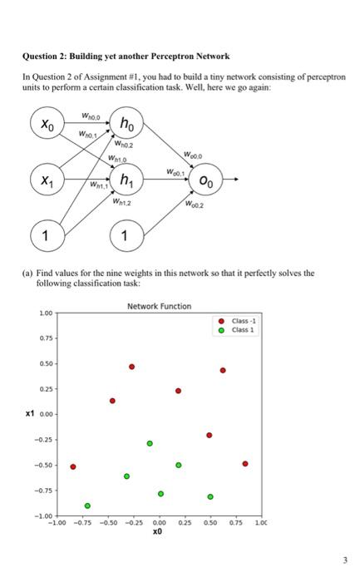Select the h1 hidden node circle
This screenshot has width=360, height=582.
(125, 181)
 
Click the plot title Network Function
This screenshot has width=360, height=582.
(159, 307)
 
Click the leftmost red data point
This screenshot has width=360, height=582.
(73, 466)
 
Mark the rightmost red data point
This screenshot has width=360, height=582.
(244, 463)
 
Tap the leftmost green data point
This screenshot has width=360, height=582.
(87, 506)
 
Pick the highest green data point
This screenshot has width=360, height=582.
(150, 443)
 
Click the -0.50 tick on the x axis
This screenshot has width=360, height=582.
(107, 524)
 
